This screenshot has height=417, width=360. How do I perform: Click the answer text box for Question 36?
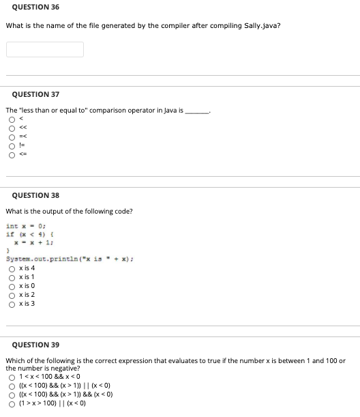(x=45, y=49)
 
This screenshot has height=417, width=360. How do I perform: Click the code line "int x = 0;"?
(x=25, y=226)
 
